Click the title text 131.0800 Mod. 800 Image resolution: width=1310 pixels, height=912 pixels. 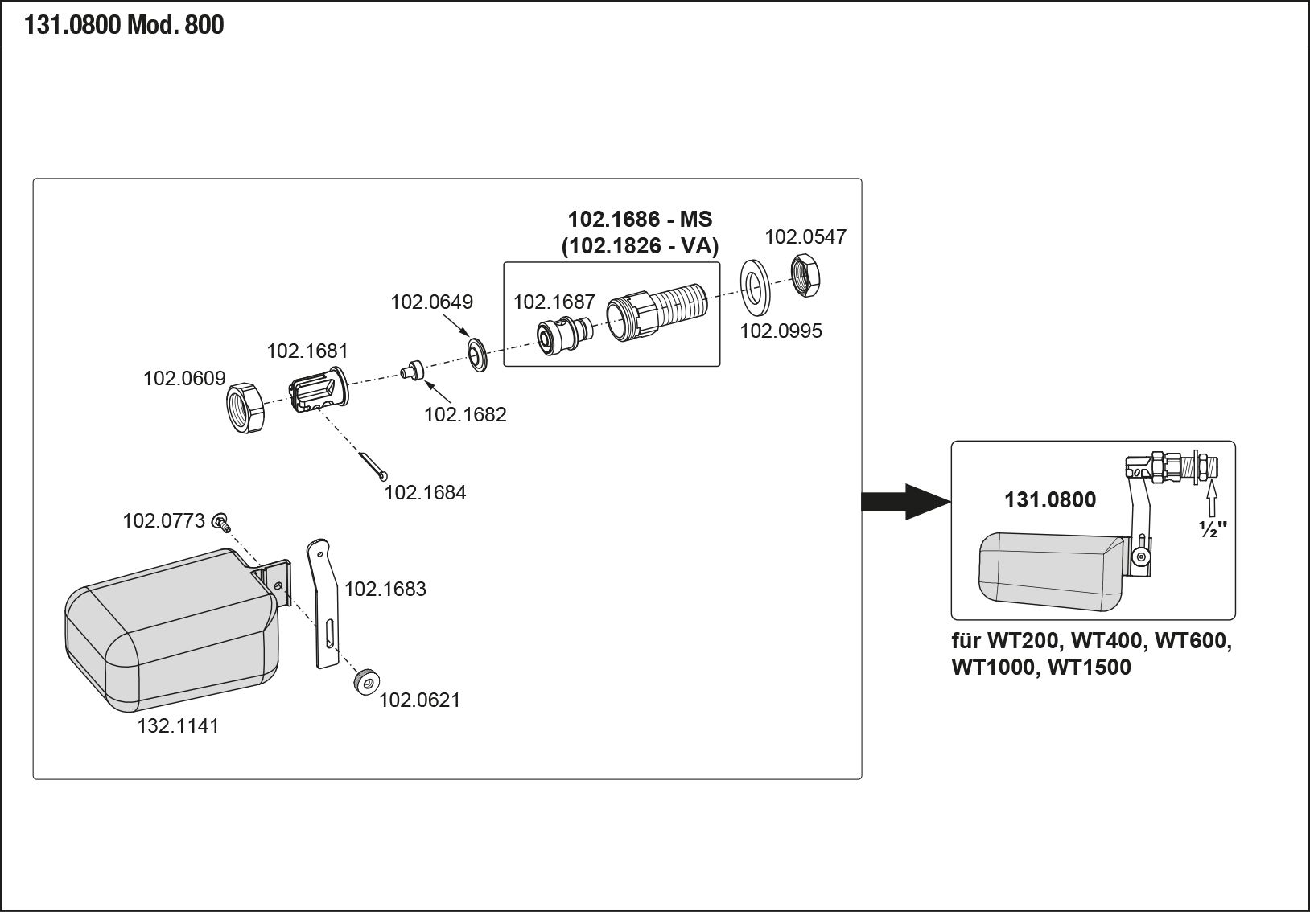pos(124,26)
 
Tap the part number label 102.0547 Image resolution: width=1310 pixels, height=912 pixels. pos(805,236)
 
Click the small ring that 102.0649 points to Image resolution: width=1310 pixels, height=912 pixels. pos(478,355)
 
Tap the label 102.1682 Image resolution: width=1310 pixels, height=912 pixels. pos(465,414)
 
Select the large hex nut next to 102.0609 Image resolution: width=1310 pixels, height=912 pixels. pos(245,407)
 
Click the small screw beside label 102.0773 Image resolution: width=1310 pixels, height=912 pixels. pos(221,524)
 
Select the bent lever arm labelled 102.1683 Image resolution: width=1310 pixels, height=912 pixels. pos(324,603)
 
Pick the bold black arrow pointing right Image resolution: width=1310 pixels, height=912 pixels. pos(904,501)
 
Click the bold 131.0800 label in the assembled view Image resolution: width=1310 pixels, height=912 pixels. pos(1049,500)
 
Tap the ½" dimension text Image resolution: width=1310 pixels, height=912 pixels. pos(1212,530)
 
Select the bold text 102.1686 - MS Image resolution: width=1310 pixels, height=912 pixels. pos(640,219)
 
